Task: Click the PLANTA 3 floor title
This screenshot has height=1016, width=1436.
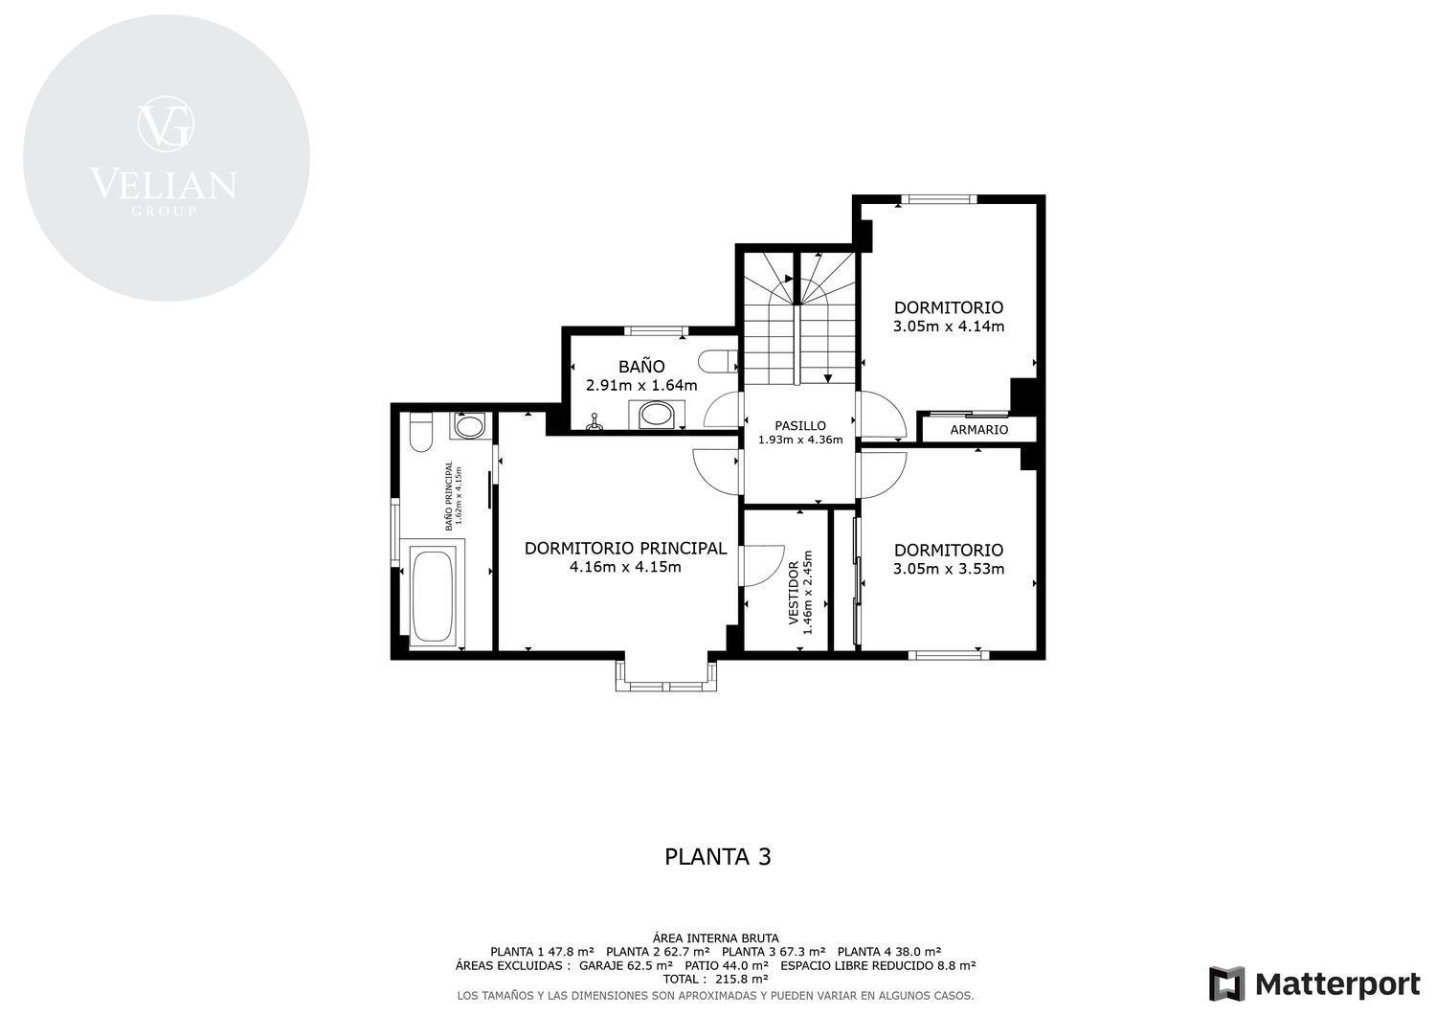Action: point(717,857)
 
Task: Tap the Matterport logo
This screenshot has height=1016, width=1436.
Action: point(1314,984)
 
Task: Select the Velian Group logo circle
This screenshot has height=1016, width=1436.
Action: point(167,158)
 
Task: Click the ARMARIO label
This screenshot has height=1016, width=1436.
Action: point(979,430)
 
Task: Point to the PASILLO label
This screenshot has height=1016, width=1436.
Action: point(800,425)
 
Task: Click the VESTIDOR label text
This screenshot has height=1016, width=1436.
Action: point(794,593)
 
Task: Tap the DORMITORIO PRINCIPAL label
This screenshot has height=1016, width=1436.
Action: point(626,549)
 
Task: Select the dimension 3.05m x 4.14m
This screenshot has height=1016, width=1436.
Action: point(949,327)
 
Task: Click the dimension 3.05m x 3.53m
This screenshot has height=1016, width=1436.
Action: point(949,569)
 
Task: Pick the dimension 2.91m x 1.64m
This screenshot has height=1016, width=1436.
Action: point(641,386)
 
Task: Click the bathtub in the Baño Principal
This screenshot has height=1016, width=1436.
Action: point(433,596)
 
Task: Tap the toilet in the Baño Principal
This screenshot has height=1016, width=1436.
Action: point(420,432)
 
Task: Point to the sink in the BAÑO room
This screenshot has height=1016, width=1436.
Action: point(657,415)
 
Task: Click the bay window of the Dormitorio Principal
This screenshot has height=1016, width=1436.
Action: point(666,675)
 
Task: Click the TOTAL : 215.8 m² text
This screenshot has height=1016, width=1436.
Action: point(716,980)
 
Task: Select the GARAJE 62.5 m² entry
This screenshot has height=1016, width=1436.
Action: point(626,965)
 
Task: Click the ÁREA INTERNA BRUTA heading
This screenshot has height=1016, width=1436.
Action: point(716,938)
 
